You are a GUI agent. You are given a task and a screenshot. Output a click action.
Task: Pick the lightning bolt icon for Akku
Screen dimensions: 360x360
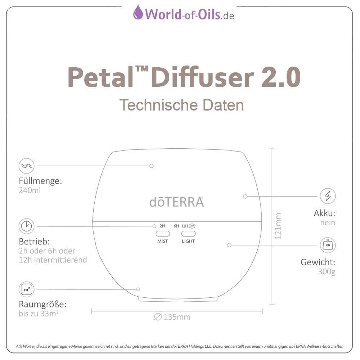328,196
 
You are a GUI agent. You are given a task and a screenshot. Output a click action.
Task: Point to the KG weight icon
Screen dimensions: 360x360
328,245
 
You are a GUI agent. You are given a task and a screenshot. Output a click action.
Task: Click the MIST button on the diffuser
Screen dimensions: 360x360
163,233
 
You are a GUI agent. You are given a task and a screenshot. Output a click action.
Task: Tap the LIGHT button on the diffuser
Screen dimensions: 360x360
188,233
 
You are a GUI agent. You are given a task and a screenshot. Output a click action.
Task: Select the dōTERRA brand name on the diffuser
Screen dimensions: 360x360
176,202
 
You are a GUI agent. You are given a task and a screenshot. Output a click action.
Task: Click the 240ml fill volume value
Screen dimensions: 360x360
30,190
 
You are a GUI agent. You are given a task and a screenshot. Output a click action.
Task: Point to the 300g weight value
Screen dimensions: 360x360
327,271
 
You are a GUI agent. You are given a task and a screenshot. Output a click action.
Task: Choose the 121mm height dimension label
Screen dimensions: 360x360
278,226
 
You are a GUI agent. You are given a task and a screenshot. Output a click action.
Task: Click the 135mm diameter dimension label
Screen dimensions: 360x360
172,317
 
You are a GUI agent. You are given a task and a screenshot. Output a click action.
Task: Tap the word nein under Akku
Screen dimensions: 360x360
328,222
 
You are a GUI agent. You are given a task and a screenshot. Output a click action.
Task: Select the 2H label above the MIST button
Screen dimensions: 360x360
162,226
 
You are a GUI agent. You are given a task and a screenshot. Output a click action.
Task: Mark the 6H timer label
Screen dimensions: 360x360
176,226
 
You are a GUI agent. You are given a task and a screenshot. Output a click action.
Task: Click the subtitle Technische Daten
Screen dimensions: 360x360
181,105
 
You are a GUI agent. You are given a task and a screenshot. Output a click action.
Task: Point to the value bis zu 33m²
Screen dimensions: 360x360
39,314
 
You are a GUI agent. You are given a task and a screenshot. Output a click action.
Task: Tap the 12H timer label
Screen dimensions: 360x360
185,226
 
